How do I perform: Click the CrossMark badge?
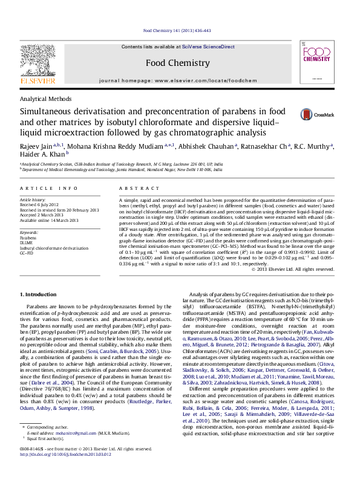click(x=315, y=113)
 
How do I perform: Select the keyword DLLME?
click(x=27, y=243)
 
